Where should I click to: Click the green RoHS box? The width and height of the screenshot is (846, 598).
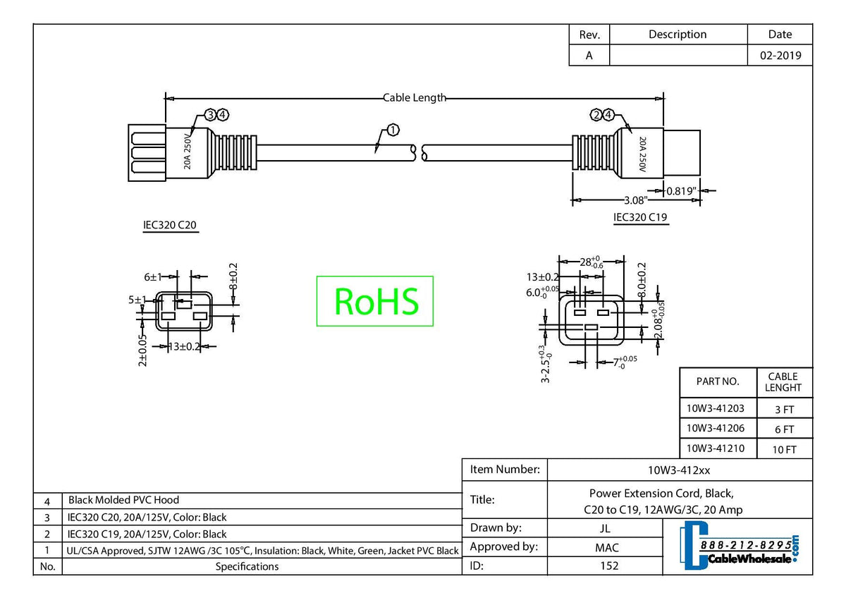(x=374, y=301)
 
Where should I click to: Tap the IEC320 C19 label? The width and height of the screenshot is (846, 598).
(x=640, y=217)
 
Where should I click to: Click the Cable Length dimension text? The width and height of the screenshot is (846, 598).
(x=415, y=98)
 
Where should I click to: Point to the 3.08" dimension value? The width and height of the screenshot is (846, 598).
(x=637, y=201)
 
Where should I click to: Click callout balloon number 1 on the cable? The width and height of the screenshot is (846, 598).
(x=393, y=130)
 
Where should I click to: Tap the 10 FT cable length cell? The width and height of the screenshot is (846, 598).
(x=784, y=449)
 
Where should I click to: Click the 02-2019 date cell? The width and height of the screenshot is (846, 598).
(x=780, y=56)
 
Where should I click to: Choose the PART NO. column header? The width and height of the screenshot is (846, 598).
(x=718, y=382)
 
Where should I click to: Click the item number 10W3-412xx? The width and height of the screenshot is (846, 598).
(x=679, y=470)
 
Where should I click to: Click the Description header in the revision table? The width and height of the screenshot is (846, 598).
(x=677, y=35)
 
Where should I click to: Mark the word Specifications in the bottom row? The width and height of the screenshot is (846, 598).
(x=247, y=566)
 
